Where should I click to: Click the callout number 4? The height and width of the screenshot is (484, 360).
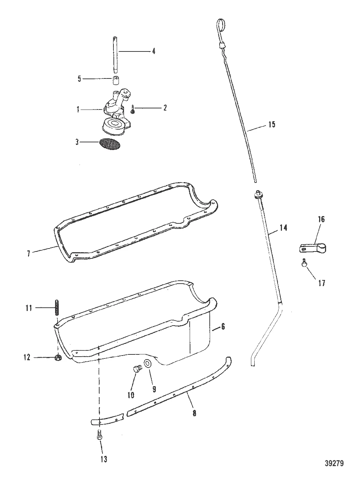click(154, 51)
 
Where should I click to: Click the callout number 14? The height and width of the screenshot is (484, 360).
click(283, 228)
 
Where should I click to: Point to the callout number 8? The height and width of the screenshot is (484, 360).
click(194, 413)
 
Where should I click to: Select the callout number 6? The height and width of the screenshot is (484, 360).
click(223, 327)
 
